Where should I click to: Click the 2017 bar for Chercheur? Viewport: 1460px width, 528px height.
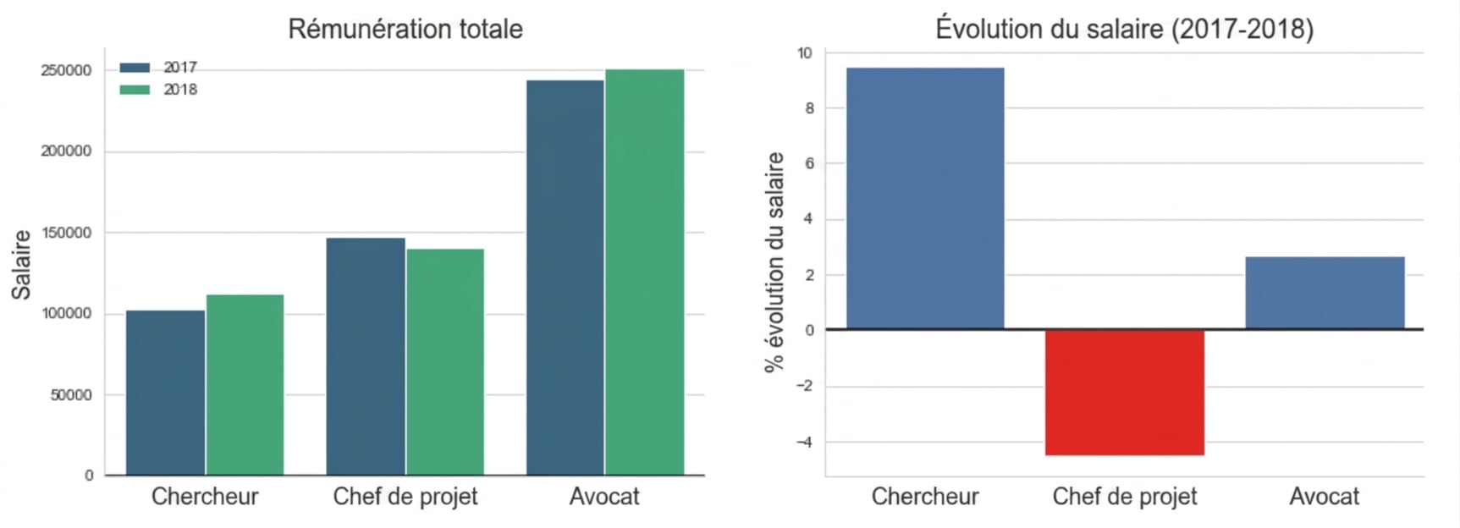click(165, 393)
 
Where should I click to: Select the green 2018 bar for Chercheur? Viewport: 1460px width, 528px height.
click(245, 385)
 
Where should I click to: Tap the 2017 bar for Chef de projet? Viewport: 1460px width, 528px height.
click(366, 356)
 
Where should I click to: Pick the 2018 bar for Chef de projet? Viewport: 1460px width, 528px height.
click(445, 362)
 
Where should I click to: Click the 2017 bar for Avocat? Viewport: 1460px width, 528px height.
click(565, 278)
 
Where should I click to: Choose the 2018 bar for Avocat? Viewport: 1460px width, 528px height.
click(645, 272)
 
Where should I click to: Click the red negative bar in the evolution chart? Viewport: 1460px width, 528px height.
click(1125, 393)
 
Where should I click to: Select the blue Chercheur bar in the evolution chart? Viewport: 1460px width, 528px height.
click(925, 198)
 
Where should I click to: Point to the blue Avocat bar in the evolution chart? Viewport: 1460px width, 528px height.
click(1325, 293)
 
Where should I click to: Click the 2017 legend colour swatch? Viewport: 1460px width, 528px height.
click(135, 68)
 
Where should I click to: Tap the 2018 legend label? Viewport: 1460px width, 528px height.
click(180, 90)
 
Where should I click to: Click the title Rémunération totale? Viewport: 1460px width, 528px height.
click(405, 29)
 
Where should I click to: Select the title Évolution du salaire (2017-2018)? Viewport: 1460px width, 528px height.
click(1125, 29)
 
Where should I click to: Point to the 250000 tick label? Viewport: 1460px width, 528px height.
click(66, 71)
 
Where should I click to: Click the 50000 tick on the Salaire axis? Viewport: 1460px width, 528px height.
click(71, 395)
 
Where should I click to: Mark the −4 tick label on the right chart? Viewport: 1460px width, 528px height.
click(804, 443)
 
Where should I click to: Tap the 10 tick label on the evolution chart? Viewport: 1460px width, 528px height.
click(804, 53)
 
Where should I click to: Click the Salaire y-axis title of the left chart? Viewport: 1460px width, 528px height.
click(21, 265)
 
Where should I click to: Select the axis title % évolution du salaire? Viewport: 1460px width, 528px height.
click(774, 262)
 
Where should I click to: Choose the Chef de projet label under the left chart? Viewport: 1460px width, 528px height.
click(405, 497)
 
